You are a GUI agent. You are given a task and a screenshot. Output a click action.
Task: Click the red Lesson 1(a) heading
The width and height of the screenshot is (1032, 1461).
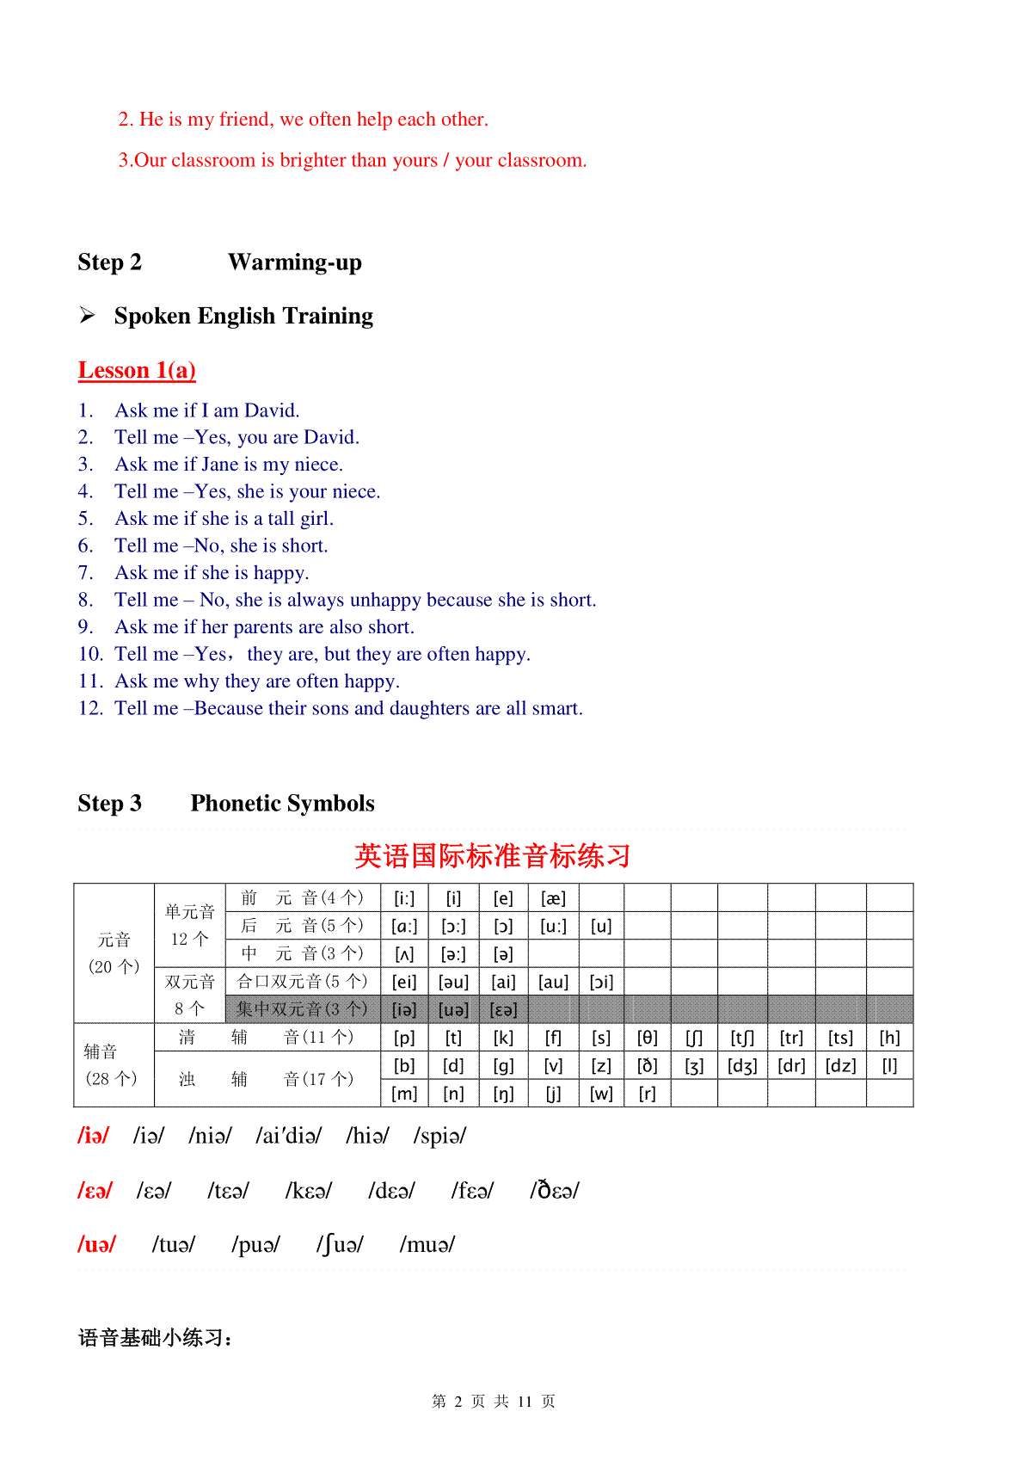[x=137, y=371]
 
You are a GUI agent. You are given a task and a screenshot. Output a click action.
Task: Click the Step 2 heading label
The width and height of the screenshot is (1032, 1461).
[x=109, y=262]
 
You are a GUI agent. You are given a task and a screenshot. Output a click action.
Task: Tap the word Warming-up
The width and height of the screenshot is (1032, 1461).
[x=294, y=262]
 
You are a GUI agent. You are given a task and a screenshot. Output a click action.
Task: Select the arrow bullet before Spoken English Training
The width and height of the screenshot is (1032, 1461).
[x=87, y=316]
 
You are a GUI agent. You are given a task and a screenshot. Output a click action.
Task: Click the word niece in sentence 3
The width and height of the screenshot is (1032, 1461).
[x=316, y=465]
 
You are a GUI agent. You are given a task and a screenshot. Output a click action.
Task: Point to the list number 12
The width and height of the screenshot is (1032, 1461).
[x=90, y=708]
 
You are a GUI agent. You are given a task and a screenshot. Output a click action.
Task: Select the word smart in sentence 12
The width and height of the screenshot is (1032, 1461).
[x=556, y=708]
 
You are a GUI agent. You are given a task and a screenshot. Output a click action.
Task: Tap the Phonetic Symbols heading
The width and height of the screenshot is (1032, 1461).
[x=282, y=804]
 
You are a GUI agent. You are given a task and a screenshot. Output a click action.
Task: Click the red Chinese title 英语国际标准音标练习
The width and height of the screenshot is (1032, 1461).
[x=492, y=856]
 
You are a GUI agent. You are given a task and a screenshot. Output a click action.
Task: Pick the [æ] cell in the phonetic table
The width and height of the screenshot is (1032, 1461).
[x=553, y=898]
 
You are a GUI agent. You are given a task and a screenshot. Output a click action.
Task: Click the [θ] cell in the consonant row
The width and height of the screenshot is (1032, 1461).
[x=647, y=1038]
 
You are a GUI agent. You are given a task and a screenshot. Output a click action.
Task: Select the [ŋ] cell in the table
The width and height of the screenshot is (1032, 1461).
[x=503, y=1094]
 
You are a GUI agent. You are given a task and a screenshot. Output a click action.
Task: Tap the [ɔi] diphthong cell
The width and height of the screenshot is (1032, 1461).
[x=601, y=982]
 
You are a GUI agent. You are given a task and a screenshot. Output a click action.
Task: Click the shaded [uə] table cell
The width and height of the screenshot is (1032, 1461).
[x=453, y=1009]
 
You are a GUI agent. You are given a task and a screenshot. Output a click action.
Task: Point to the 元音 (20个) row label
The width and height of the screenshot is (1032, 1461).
[x=114, y=953]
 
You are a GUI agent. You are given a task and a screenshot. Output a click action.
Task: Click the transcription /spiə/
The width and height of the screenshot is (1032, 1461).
[x=439, y=1136]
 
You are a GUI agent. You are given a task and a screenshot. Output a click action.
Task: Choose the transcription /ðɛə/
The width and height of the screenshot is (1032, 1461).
[x=555, y=1191]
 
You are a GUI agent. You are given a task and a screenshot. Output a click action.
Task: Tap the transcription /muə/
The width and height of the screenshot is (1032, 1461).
[x=427, y=1245]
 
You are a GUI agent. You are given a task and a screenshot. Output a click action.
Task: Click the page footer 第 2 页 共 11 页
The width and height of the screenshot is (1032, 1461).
[x=493, y=1402]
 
